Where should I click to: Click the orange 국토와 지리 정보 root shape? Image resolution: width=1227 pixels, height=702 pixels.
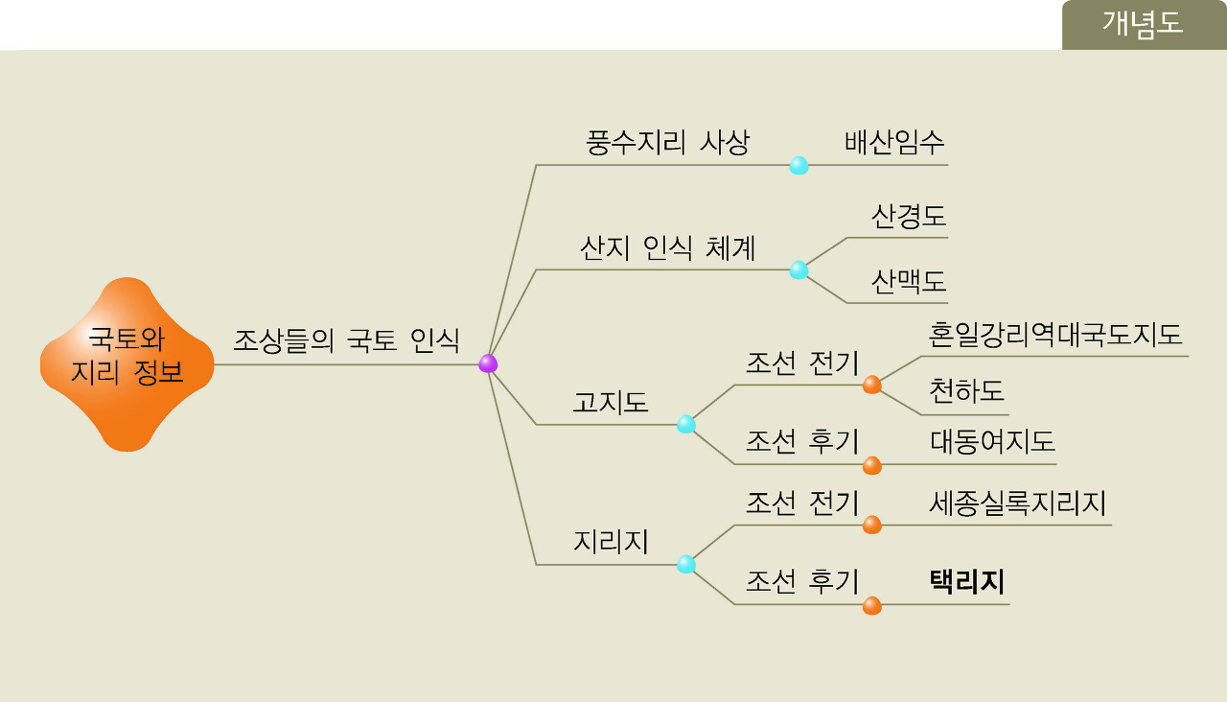[x=127, y=363]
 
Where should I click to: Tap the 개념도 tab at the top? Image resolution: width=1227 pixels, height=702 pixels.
[x=1143, y=24]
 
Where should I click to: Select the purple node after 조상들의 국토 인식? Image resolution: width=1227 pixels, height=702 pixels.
[x=488, y=363]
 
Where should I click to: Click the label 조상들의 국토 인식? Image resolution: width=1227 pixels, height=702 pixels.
[x=346, y=339]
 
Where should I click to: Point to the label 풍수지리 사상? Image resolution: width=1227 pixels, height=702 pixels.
[x=667, y=143]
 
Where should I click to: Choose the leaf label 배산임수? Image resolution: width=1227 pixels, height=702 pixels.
[x=894, y=143]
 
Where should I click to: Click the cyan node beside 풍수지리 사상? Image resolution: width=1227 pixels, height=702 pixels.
[x=799, y=165]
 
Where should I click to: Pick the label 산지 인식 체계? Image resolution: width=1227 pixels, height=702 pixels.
[x=667, y=248]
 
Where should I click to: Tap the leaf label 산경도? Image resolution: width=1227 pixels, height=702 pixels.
[x=908, y=216]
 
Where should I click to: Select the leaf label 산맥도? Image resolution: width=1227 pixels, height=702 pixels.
[x=908, y=281]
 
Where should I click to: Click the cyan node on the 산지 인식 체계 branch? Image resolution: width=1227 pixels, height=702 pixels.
[x=799, y=270]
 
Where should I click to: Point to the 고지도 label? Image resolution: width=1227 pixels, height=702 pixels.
[x=611, y=402]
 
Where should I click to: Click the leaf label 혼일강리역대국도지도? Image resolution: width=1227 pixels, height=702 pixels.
[x=1054, y=335]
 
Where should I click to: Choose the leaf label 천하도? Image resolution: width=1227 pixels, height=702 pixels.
[x=966, y=391]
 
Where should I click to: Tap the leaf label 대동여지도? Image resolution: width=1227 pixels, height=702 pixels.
[x=992, y=441]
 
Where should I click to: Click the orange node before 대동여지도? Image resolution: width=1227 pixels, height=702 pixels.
[x=871, y=465]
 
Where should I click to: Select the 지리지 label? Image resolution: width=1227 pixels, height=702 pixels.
[x=611, y=542]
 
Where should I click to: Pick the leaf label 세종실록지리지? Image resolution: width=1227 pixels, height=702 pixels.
[x=1017, y=503]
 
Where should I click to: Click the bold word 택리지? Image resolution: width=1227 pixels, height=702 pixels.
[x=966, y=582]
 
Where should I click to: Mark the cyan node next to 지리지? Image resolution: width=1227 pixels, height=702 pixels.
[x=686, y=564]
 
